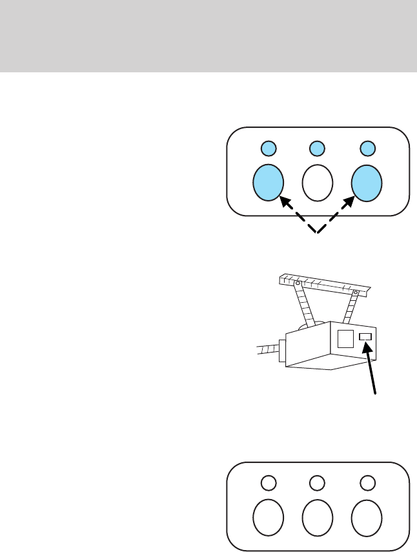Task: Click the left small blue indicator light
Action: tap(268, 148)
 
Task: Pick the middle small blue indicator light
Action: tap(316, 148)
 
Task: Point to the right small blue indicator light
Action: tap(367, 148)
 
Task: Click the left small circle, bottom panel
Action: tap(268, 483)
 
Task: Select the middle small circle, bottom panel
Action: tap(316, 483)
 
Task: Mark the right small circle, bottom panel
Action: tap(367, 483)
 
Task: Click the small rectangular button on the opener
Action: tap(366, 337)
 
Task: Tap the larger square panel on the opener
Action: tap(346, 339)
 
